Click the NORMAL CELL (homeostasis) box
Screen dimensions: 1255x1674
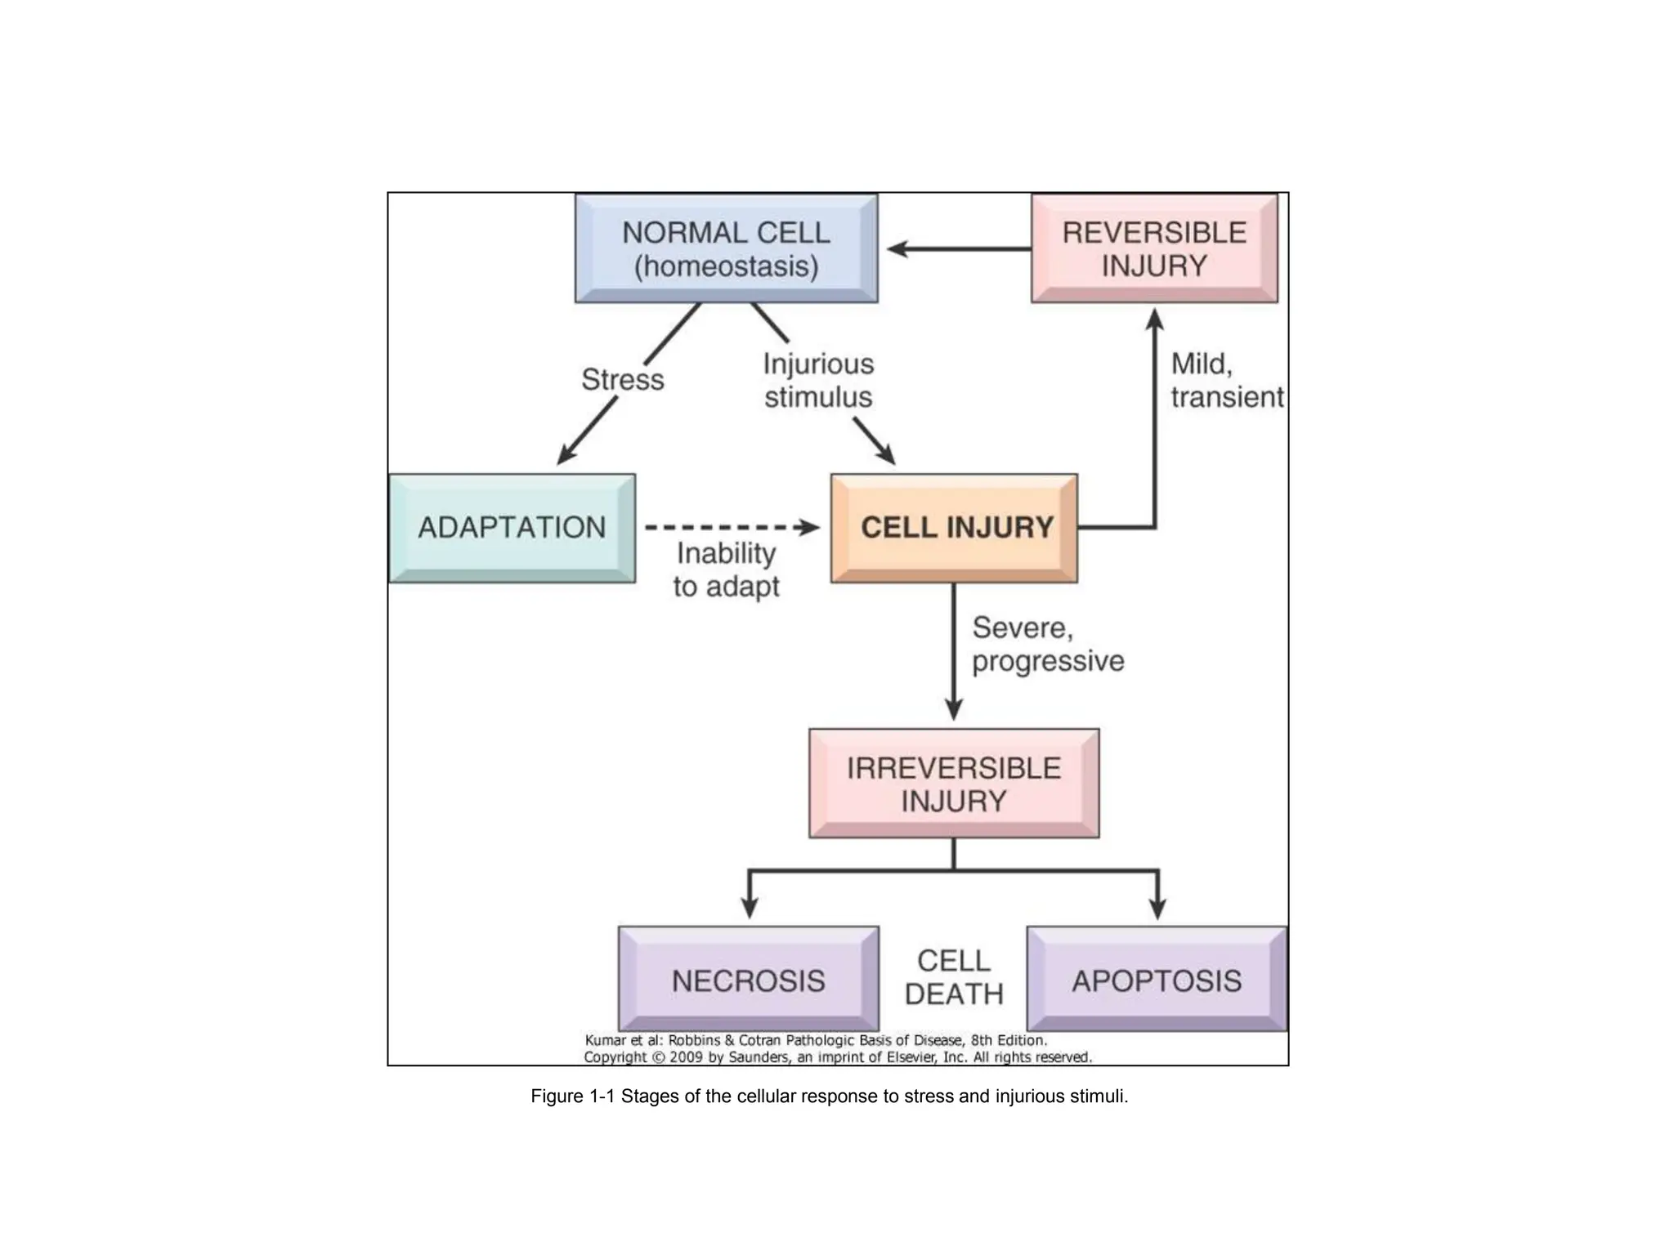[726, 248]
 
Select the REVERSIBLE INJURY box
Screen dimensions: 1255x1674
[1153, 248]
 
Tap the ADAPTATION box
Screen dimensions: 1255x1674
[512, 528]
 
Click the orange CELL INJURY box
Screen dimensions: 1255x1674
[954, 528]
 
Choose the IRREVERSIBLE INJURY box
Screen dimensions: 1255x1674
[954, 784]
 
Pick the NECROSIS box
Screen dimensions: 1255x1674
[748, 980]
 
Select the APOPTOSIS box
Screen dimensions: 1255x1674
[1157, 980]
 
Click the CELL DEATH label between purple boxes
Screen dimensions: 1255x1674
[953, 977]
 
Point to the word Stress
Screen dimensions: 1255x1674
[622, 380]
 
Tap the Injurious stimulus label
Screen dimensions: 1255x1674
[818, 381]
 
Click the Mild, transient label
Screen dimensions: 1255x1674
[1225, 381]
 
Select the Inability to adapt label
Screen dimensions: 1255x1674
[726, 570]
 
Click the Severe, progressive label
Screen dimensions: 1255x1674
[1047, 645]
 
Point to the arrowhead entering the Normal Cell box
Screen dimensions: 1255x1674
[897, 249]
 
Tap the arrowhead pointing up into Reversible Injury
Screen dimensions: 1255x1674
[1154, 319]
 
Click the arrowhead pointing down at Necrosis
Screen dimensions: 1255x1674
[750, 908]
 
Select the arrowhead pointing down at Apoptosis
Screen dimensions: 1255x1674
[1157, 908]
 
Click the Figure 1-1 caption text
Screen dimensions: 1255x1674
[829, 1096]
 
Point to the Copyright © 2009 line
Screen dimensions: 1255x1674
[837, 1057]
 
